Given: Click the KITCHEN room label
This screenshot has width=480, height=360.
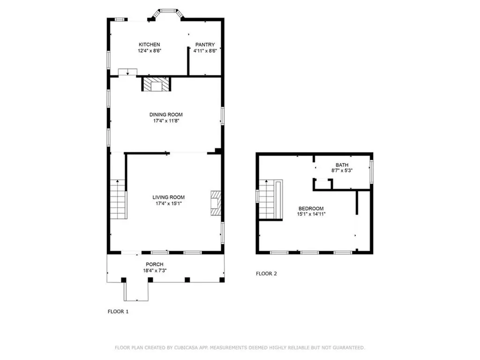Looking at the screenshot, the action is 150,45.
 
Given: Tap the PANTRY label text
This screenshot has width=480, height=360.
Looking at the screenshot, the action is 205,45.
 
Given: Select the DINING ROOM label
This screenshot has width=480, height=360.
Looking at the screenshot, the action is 166,114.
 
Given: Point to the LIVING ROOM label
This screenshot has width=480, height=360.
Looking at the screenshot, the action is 169,197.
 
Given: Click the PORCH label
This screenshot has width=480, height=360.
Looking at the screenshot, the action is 155,264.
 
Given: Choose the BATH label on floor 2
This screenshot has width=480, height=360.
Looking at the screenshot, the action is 342,165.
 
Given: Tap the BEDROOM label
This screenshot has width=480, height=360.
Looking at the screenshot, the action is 311,209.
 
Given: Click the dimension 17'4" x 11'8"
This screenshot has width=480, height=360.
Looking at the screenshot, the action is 166,121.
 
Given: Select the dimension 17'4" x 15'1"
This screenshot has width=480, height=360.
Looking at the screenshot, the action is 169,203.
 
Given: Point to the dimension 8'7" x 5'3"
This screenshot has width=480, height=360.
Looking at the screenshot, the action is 342,171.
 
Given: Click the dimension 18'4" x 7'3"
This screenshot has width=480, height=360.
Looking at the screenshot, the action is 155,270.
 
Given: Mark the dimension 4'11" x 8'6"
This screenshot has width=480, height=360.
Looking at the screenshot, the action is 205,51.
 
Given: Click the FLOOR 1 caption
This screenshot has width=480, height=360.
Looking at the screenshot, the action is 118,312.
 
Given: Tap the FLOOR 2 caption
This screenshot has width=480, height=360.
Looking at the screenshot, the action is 266,274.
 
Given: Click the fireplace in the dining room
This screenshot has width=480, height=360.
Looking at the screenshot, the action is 156,84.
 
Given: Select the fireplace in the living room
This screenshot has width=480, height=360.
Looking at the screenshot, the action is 216,203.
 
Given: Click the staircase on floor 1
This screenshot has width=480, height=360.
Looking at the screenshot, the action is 119,199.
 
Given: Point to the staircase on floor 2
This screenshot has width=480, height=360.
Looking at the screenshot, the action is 271,200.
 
